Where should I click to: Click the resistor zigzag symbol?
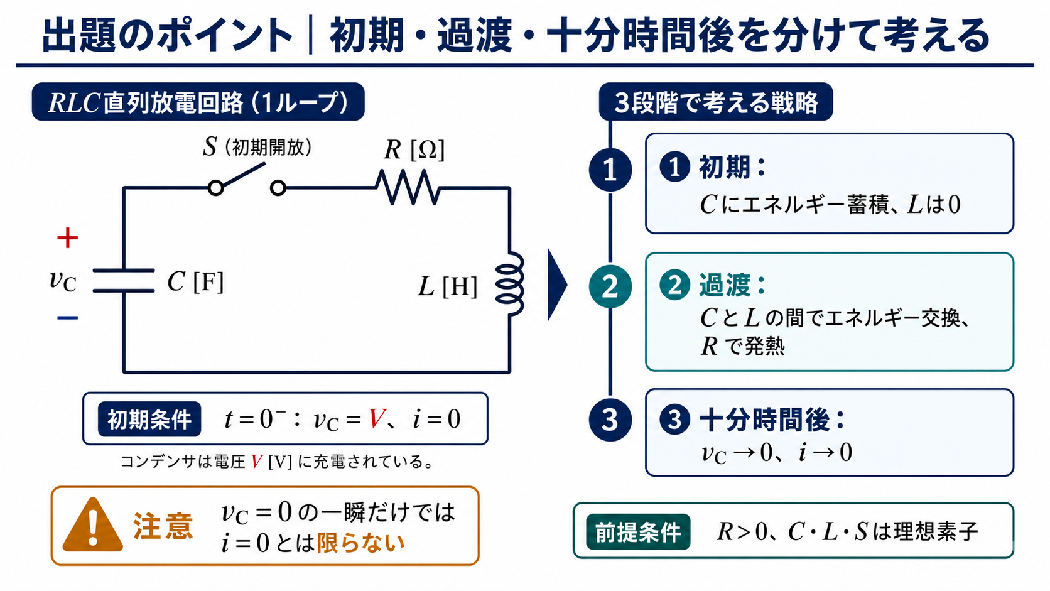(408, 187)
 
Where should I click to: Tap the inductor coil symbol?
(510, 283)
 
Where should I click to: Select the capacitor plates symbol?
(124, 281)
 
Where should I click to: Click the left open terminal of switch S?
(215, 188)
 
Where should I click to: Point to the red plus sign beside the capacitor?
(67, 237)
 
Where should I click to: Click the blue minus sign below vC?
(67, 318)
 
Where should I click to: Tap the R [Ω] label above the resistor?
(414, 150)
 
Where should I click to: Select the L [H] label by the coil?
(447, 286)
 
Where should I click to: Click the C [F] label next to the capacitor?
(195, 281)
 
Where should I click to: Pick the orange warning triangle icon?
(93, 526)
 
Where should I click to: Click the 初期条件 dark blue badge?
(149, 419)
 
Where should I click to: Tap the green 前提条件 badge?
(638, 531)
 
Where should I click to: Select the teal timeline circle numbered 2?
(610, 286)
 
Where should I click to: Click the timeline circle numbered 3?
(610, 420)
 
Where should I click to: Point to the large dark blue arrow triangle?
(558, 285)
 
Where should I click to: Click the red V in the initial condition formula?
(377, 418)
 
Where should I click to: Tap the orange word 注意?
(163, 526)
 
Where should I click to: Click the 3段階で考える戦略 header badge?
(716, 102)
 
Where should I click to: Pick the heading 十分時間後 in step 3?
(764, 420)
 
